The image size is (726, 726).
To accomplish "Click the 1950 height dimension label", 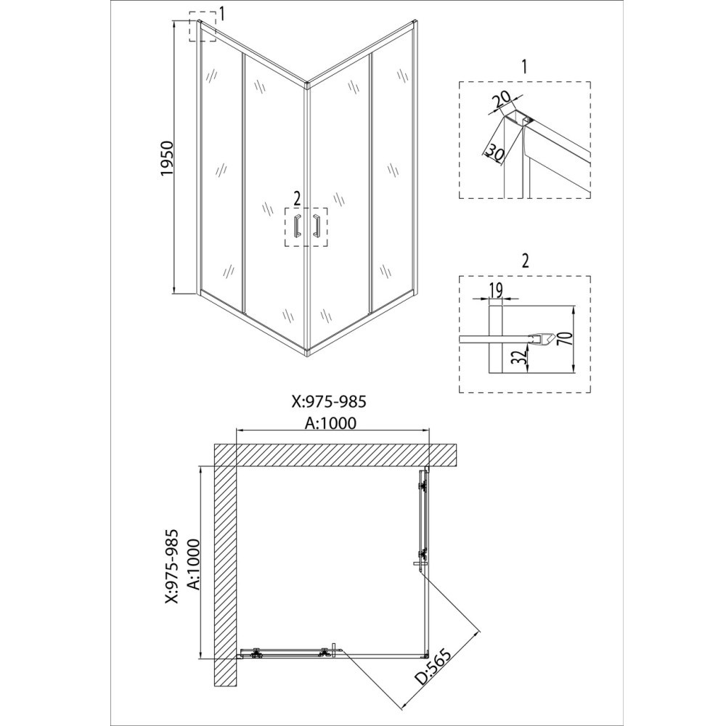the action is pyautogui.click(x=167, y=158).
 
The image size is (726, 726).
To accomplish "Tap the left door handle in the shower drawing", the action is pyautogui.click(x=297, y=226).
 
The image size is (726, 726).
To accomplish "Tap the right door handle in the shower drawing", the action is pyautogui.click(x=317, y=226).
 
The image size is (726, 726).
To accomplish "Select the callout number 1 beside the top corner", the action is pyautogui.click(x=221, y=15).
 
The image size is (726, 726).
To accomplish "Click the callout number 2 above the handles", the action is pyautogui.click(x=297, y=199).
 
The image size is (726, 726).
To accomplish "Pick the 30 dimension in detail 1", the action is pyautogui.click(x=494, y=153).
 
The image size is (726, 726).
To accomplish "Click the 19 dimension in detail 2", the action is pyautogui.click(x=495, y=290).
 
